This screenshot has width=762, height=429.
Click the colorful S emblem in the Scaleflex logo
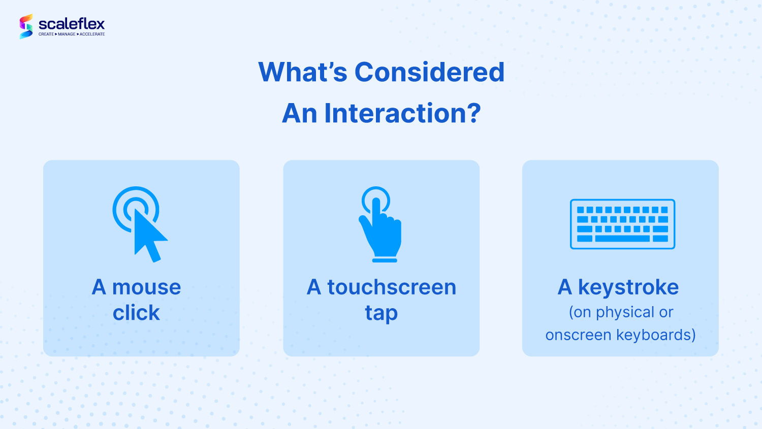point(26,26)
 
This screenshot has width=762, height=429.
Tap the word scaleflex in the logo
point(72,24)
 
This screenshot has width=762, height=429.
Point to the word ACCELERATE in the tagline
point(92,35)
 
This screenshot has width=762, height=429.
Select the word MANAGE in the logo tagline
point(67,35)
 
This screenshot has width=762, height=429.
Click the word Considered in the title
point(429,72)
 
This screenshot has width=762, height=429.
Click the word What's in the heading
point(302,72)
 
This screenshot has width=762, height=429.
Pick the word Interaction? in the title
point(402,113)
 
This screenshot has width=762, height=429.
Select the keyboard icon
point(622,224)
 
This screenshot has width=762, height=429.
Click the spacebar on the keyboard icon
point(622,239)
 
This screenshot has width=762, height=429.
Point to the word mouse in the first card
point(147,287)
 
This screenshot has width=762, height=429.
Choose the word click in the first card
point(136,312)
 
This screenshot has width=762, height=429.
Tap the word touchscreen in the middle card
point(392,287)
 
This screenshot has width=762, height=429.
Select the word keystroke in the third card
point(628,287)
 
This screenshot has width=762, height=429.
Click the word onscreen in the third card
point(578,335)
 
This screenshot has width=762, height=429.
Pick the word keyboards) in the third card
point(656,335)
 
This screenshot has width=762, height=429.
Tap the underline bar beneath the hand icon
point(385,260)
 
